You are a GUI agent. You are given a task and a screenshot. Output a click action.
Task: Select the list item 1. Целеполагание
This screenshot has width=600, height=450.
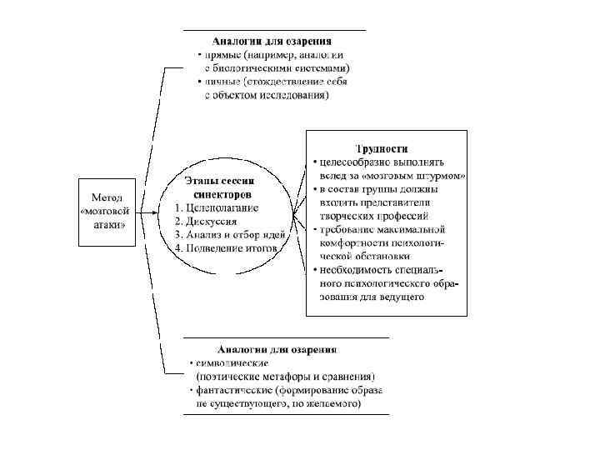coord(217,208)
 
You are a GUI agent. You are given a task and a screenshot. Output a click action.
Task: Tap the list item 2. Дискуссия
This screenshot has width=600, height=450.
coord(207,222)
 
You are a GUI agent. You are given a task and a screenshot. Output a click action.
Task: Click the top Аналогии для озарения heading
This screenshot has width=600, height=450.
coord(272,41)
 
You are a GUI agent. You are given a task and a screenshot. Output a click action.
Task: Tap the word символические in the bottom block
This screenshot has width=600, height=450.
coord(230,362)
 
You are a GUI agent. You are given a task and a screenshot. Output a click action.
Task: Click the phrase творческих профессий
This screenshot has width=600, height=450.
coord(373,216)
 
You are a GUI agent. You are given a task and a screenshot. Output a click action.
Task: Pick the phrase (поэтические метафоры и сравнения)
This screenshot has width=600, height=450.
coord(279,376)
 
